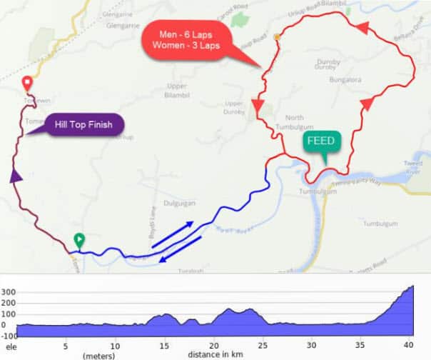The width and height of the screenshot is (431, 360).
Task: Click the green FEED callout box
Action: click(x=320, y=141)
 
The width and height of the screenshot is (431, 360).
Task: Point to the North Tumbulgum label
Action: click(x=294, y=122)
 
